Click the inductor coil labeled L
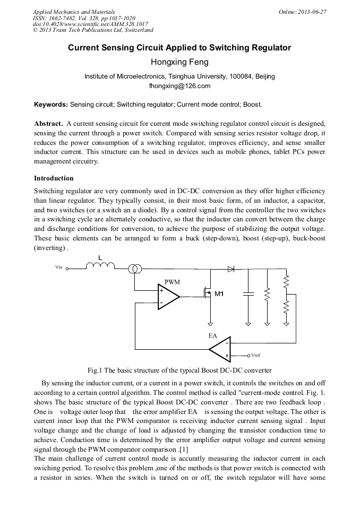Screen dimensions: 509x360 100,267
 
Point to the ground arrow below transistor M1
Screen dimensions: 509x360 211,323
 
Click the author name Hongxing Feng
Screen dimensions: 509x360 179,62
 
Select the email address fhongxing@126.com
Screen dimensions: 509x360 179,85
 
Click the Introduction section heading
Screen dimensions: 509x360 54,178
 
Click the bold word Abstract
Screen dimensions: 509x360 49,123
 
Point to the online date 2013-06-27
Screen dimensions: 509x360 313,11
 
